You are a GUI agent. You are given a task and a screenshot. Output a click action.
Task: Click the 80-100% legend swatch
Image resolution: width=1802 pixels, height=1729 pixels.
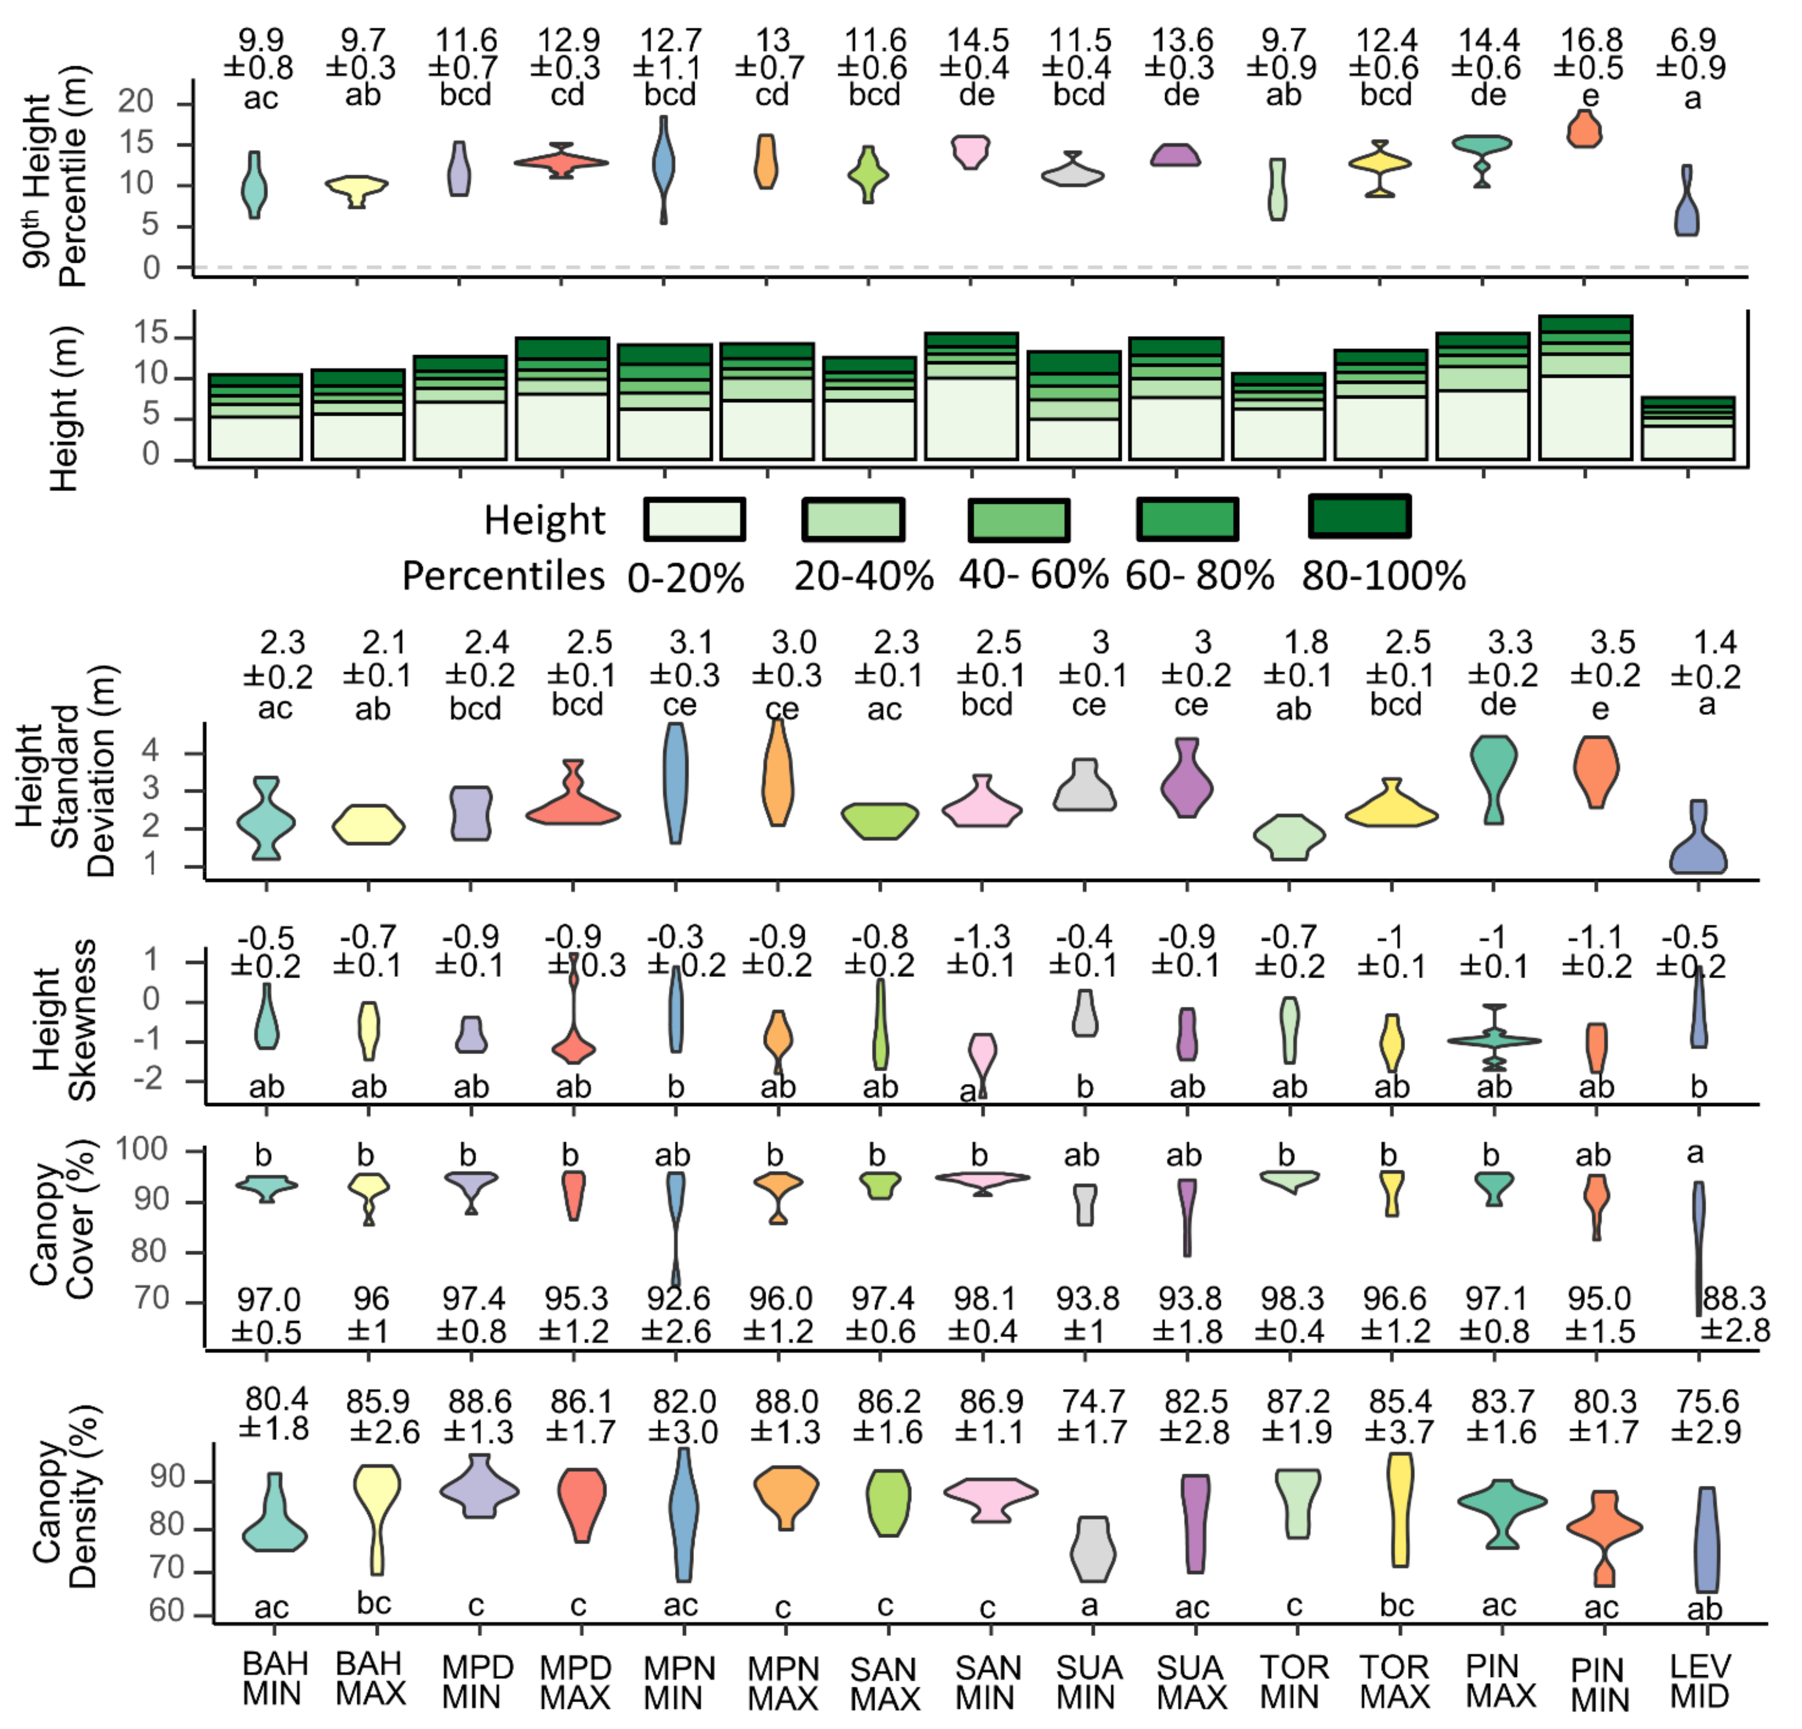tap(1359, 517)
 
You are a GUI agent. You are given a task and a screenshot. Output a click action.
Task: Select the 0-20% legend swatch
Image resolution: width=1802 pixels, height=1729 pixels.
tap(694, 519)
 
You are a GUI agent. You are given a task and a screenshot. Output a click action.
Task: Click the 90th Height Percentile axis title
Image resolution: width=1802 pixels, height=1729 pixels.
tap(55, 179)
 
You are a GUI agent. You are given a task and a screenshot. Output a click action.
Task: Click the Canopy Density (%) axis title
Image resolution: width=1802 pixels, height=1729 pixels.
tap(64, 1508)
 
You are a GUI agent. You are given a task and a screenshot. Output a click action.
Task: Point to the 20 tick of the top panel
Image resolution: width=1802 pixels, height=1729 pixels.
tap(136, 101)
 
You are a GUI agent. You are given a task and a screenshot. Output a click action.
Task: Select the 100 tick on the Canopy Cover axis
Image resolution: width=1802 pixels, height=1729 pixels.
tap(143, 1150)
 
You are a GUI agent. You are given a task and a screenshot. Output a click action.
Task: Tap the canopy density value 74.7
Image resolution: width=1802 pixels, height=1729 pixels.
tap(1093, 1402)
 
